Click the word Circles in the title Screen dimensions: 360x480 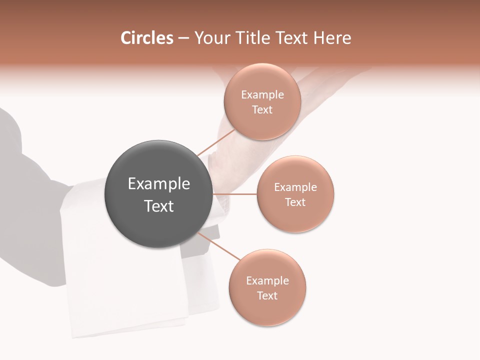(x=146, y=38)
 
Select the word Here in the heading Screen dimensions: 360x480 (x=332, y=38)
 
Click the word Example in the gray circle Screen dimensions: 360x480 (x=159, y=184)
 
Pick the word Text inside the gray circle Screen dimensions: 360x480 (x=159, y=206)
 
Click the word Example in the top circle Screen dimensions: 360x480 (x=262, y=95)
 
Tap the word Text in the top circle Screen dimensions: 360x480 (x=262, y=110)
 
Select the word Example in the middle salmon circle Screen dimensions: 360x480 (x=295, y=187)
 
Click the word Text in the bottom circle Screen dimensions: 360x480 (x=267, y=296)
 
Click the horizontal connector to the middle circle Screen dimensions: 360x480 (x=235, y=194)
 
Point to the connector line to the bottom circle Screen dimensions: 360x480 (x=220, y=246)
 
